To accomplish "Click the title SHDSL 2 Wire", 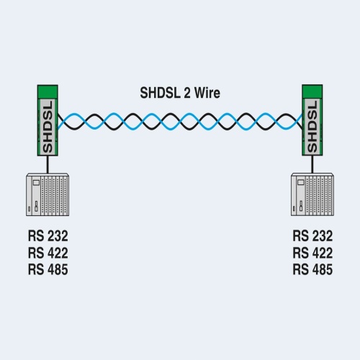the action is pyautogui.click(x=180, y=93).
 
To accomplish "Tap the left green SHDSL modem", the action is pyautogui.click(x=48, y=120).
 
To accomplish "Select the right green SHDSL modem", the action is pyautogui.click(x=312, y=120).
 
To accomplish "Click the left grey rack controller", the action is pyautogui.click(x=48, y=194).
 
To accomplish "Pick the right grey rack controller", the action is pyautogui.click(x=312, y=194).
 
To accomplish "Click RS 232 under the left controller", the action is pyautogui.click(x=48, y=236).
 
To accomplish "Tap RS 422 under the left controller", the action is pyautogui.click(x=48, y=253).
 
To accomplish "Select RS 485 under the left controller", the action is pyautogui.click(x=48, y=269).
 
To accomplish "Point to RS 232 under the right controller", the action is pyautogui.click(x=312, y=236).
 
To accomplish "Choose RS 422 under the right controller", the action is pyautogui.click(x=312, y=253).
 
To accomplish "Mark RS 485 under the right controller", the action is pyautogui.click(x=312, y=269).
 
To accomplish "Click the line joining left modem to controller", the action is pyautogui.click(x=48, y=165).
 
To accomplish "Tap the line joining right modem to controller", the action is pyautogui.click(x=312, y=164).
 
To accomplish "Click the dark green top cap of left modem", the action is pyautogui.click(x=48, y=91).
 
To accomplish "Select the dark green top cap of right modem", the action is pyautogui.click(x=312, y=91).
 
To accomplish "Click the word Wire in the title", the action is pyautogui.click(x=207, y=93).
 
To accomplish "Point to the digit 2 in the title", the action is pyautogui.click(x=186, y=93).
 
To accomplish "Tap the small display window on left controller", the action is pyautogui.click(x=36, y=183).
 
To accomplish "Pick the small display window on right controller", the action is pyautogui.click(x=301, y=183).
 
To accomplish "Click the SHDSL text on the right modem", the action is pyautogui.click(x=312, y=127).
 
